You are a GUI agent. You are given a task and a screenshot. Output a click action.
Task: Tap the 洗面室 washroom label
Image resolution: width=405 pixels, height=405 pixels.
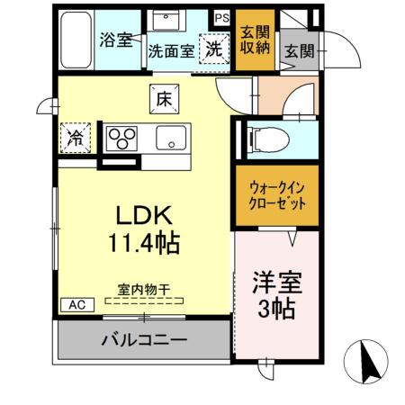pyautogui.click(x=170, y=51)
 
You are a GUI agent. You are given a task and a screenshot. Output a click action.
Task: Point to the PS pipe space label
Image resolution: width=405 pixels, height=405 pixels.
pyautogui.click(x=221, y=15)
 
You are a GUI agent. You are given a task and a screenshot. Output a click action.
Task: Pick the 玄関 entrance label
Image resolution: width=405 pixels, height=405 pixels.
pyautogui.click(x=300, y=50)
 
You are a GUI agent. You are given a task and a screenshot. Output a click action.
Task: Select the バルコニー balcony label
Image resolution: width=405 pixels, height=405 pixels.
pyautogui.click(x=144, y=341)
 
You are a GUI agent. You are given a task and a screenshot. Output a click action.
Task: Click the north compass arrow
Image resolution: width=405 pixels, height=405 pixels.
pyautogui.click(x=368, y=362)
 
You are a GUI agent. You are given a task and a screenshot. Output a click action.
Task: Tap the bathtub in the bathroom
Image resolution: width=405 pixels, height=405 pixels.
pyautogui.click(x=78, y=40)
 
